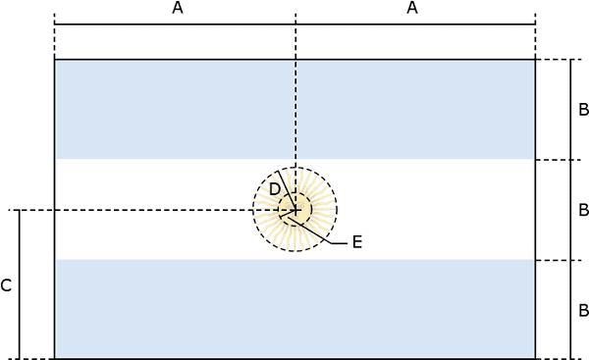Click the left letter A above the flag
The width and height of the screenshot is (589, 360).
coord(178,8)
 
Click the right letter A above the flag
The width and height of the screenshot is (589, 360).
coord(412,8)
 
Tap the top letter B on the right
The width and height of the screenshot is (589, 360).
coord(583,110)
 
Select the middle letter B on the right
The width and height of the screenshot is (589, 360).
coord(583,210)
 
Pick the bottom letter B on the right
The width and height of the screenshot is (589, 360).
coord(583,310)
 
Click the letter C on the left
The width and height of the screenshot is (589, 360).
coord(6,285)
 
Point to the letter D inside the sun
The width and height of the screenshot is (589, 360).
coord(275,189)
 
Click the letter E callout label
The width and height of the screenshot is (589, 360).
coord(357,242)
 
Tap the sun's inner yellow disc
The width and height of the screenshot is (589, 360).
coord(295,210)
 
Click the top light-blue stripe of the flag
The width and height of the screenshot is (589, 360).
coord(294,110)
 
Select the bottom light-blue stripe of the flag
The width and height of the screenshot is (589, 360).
coord(294,309)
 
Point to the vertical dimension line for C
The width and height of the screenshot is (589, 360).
coord(20,284)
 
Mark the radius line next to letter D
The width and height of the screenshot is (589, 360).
coord(288,191)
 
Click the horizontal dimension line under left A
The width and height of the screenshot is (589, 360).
coord(175,25)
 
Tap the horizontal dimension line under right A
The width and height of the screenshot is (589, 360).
coord(415,25)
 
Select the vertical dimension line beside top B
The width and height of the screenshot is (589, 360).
coord(571,110)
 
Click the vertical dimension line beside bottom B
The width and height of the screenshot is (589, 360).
coord(571,310)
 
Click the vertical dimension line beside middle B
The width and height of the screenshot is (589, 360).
coord(571,210)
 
